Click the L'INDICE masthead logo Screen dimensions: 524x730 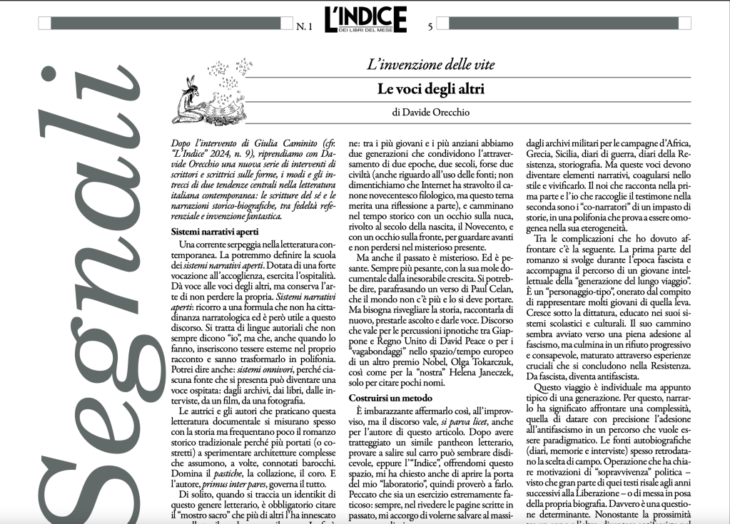tap(365, 19)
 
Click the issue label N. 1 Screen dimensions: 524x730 tap(304, 28)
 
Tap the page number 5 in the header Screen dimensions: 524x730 tap(430, 28)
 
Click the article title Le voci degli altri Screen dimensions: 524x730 tap(430, 89)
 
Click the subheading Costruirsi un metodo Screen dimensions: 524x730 tap(391, 397)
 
